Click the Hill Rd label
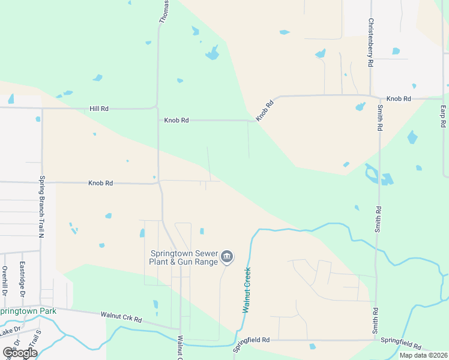coord(99,109)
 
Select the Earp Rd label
coord(443,116)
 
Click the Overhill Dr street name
coord(4,281)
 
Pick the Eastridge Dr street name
coord(22,279)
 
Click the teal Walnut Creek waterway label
coord(246,290)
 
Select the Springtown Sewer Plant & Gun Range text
coord(182,257)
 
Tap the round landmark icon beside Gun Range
coord(226,257)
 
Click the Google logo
coord(20,353)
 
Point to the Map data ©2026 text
coord(423,355)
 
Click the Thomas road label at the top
coord(163,11)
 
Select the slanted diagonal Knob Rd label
coord(265,111)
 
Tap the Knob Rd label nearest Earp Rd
coord(399,98)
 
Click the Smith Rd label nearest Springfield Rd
coord(376,322)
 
